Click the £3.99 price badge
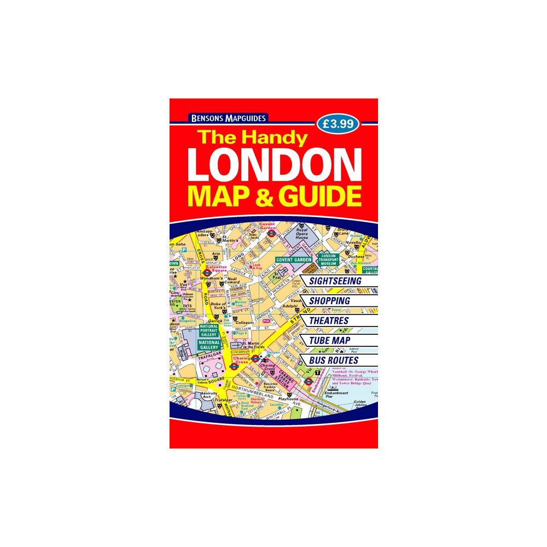pyautogui.click(x=337, y=124)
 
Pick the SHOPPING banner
pyautogui.click(x=329, y=301)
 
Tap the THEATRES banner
pyautogui.click(x=328, y=321)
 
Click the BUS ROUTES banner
pyautogui.click(x=333, y=360)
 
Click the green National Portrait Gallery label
pyautogui.click(x=209, y=330)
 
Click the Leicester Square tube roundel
pyautogui.click(x=207, y=272)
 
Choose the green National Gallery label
pyautogui.click(x=209, y=344)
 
